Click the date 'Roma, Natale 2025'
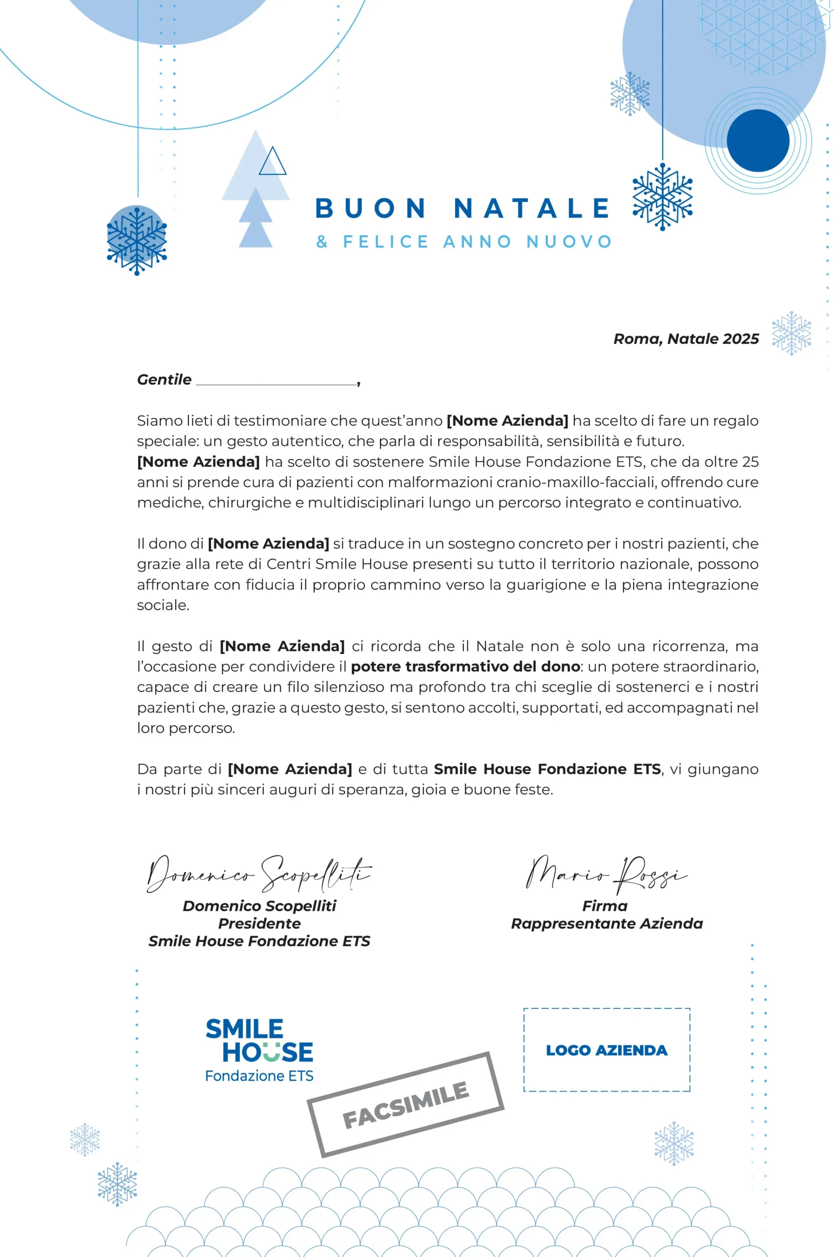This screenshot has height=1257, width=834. pyautogui.click(x=686, y=339)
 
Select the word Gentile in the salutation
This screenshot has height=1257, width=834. pyautogui.click(x=164, y=380)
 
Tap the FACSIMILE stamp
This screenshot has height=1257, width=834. pyautogui.click(x=405, y=1105)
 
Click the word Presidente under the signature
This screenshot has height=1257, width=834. pyautogui.click(x=259, y=924)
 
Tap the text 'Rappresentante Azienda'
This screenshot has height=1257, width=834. pyautogui.click(x=606, y=924)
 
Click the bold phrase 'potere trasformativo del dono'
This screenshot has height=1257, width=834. pyautogui.click(x=465, y=666)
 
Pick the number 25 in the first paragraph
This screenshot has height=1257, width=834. pyautogui.click(x=750, y=462)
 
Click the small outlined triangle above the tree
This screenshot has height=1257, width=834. pyautogui.click(x=272, y=162)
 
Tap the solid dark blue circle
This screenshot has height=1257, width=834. pyautogui.click(x=757, y=140)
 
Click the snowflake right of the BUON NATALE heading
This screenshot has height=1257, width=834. pyautogui.click(x=662, y=197)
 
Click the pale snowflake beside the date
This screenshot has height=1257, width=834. pyautogui.click(x=791, y=333)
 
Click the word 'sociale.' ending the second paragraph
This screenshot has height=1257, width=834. pyautogui.click(x=163, y=605)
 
